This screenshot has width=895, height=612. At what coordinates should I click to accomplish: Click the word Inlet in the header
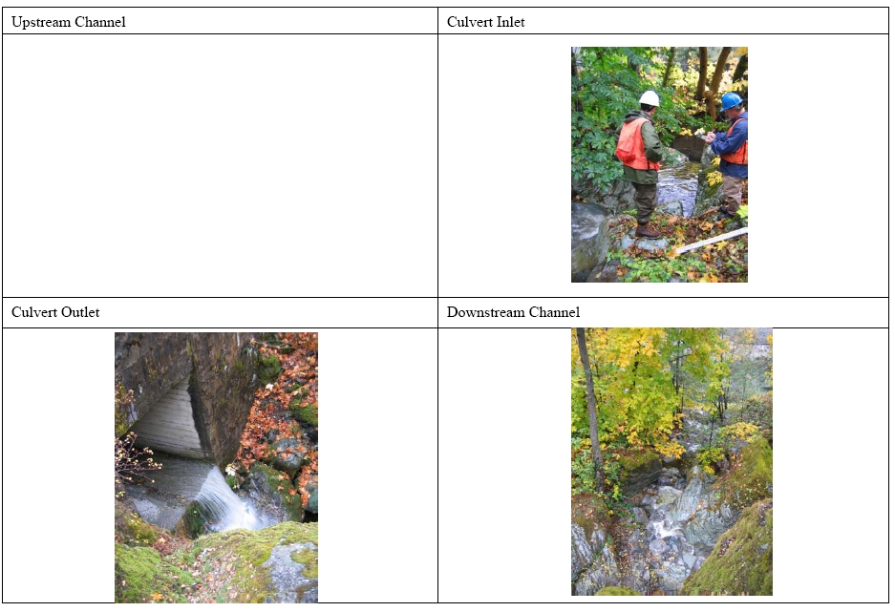[x=510, y=22]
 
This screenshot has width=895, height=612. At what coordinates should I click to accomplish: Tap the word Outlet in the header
[x=80, y=312]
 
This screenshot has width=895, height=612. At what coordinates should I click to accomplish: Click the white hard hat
[x=649, y=98]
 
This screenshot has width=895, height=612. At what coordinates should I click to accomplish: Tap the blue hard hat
[x=731, y=101]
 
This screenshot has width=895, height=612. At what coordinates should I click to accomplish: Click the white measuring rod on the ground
[x=712, y=241]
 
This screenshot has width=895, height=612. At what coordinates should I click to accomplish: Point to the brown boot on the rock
[x=648, y=231]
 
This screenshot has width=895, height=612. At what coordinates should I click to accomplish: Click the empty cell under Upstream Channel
[x=220, y=165]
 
